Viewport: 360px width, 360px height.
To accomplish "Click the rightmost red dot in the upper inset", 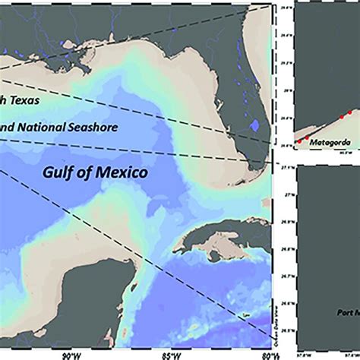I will coord(349,112).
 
